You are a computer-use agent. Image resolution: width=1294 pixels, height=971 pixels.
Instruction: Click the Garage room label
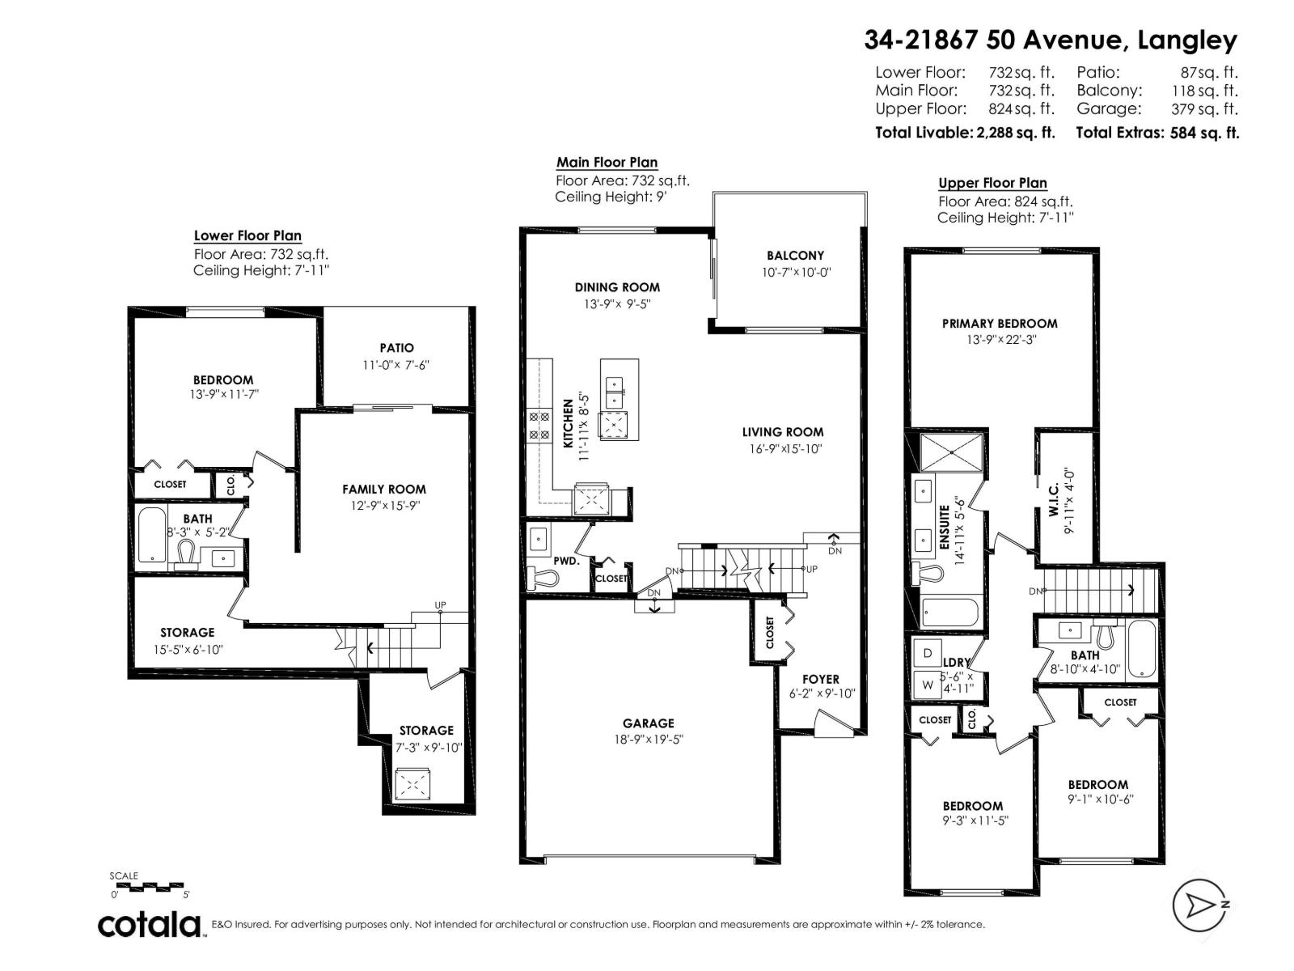pos(648,723)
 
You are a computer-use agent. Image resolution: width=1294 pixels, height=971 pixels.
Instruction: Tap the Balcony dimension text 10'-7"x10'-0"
pos(796,273)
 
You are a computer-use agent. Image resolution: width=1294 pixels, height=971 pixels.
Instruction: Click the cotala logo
pos(150,924)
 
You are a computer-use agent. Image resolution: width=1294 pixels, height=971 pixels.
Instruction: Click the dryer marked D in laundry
pos(928,653)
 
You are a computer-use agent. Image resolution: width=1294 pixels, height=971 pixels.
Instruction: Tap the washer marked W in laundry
pos(928,685)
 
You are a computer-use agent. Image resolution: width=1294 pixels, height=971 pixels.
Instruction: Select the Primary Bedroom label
pos(1000,323)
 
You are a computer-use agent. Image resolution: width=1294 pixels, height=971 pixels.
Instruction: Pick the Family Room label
pos(383,489)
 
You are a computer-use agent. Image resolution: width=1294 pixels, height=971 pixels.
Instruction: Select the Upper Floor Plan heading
pos(992,183)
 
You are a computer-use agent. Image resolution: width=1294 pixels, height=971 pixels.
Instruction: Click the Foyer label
pos(820,679)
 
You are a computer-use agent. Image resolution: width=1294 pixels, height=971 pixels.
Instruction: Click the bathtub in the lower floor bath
pos(151,535)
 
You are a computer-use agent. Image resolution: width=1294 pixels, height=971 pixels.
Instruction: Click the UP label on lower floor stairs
pos(440,605)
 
